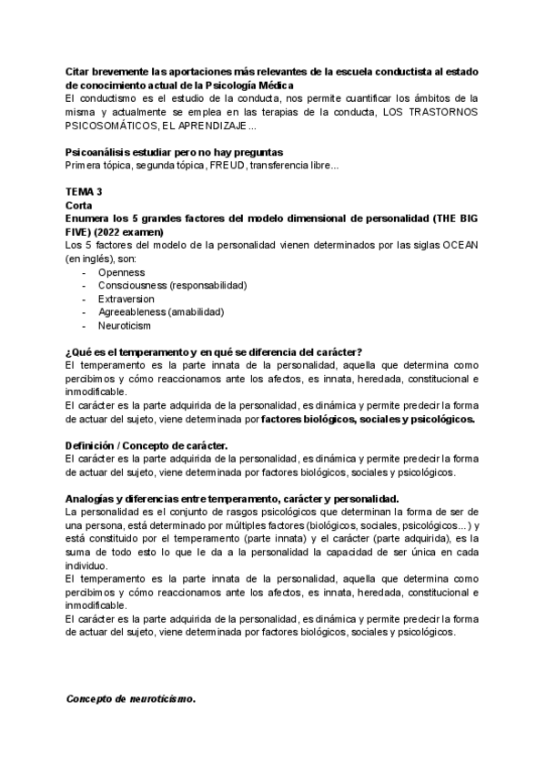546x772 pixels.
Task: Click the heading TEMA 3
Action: coord(84,194)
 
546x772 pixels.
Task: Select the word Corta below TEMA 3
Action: coord(81,207)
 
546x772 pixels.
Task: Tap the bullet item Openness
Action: coord(117,272)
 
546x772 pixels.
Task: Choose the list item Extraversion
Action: coord(126,299)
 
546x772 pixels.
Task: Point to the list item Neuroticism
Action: coord(125,325)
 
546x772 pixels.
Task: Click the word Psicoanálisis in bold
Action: coord(100,152)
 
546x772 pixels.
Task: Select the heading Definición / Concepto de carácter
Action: coord(147,445)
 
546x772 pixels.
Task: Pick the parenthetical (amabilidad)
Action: coord(196,311)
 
